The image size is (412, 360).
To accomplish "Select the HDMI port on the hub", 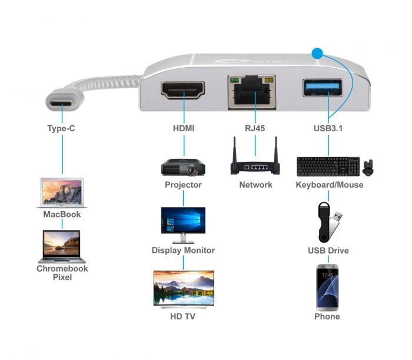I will click(183, 91).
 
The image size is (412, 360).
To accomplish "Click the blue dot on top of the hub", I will click(318, 55).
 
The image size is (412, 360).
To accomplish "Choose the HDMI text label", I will click(183, 127).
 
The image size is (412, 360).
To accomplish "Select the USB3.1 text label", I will click(328, 127).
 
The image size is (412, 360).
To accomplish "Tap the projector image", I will click(183, 167).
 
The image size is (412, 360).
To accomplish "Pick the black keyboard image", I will click(328, 166).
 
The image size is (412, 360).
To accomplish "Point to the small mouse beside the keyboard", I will click(370, 167).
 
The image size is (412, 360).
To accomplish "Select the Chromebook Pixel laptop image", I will click(62, 246).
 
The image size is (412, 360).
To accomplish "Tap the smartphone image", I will click(327, 287).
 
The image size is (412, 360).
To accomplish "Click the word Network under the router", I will click(255, 185).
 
